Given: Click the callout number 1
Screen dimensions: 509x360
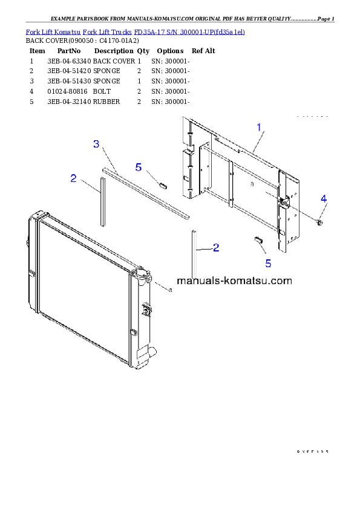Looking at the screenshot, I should (259, 128).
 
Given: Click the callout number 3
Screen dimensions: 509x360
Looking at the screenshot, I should (96, 144).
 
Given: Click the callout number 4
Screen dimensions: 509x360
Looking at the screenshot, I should (324, 199).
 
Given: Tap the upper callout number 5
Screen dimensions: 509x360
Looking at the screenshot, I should (138, 167).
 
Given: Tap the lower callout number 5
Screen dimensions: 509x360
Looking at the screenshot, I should (268, 263).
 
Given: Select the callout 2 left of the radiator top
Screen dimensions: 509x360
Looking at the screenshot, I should (73, 178).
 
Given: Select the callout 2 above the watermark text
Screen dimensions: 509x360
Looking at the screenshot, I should (215, 247).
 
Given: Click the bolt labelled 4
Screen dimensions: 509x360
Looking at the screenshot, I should (320, 223).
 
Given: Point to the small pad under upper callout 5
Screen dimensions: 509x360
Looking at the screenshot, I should (162, 184).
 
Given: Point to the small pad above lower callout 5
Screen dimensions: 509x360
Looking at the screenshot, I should (258, 240).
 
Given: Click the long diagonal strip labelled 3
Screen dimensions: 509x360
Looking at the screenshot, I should (145, 192).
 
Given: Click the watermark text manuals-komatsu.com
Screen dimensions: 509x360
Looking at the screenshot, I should (234, 280).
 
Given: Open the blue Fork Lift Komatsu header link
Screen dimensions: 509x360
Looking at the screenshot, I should (135, 31).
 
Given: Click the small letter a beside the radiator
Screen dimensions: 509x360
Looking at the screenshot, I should (170, 290).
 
